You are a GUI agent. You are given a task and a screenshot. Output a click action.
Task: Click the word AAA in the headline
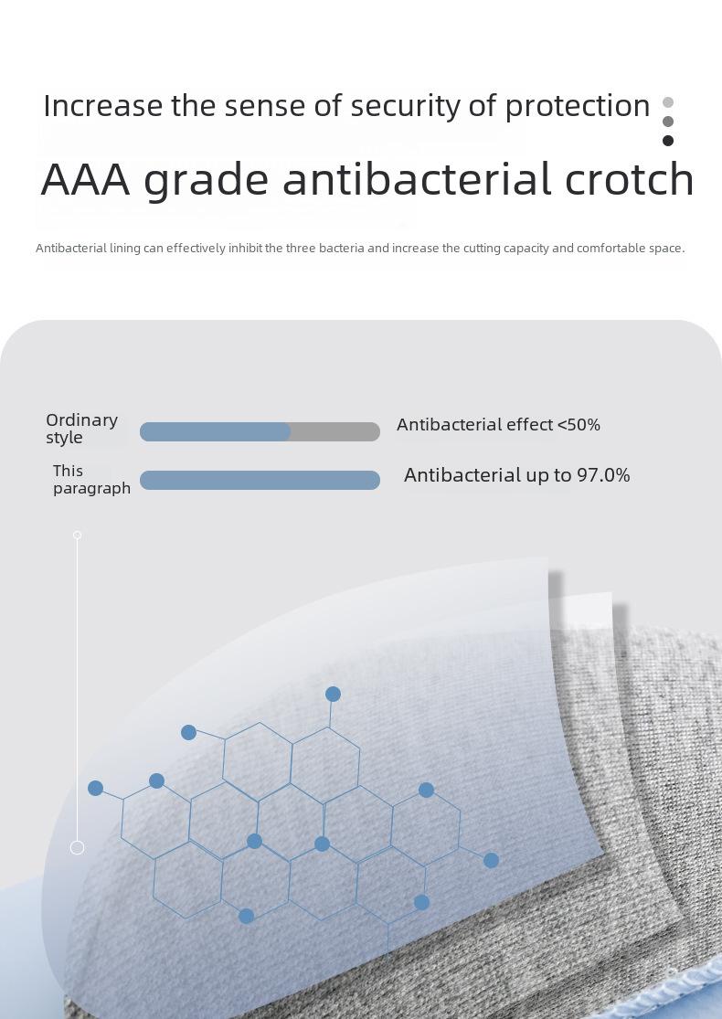(86, 179)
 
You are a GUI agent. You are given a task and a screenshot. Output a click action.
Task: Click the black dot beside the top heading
(668, 141)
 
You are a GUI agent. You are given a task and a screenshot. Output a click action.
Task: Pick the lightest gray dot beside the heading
(668, 102)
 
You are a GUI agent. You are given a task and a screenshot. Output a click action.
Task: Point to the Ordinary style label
(82, 429)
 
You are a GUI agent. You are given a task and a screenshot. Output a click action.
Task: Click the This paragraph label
(91, 480)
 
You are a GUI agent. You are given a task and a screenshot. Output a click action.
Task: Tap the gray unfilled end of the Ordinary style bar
(335, 431)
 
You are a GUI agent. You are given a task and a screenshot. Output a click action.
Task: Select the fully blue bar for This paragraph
(260, 481)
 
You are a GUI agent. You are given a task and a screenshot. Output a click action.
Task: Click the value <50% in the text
(579, 425)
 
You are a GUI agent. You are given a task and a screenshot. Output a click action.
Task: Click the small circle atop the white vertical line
(78, 535)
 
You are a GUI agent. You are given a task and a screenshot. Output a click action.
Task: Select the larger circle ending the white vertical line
(78, 847)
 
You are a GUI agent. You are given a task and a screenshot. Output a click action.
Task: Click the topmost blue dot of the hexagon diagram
(333, 694)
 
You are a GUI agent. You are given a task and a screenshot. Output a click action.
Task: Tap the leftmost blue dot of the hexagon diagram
(96, 789)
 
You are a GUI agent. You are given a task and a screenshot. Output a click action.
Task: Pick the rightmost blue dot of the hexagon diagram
(492, 860)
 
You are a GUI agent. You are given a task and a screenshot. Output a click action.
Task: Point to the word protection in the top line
(578, 107)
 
